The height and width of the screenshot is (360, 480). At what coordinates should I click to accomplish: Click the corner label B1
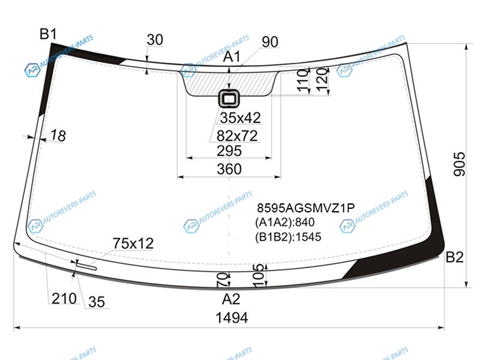point(48,34)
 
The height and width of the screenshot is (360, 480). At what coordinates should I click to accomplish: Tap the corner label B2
point(454,257)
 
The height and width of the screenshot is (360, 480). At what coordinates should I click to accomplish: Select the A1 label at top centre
point(232,56)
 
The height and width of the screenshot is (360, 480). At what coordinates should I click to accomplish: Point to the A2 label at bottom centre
point(231,299)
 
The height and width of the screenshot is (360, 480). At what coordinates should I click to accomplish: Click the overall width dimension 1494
point(232,318)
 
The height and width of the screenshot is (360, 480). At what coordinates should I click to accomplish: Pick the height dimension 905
point(459,164)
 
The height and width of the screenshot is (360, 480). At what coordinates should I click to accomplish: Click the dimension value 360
point(229,169)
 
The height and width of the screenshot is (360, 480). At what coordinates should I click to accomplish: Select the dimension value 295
point(229,151)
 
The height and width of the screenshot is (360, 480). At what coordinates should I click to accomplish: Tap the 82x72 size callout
point(237,136)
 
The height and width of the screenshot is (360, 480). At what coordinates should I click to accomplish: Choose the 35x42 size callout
point(241,118)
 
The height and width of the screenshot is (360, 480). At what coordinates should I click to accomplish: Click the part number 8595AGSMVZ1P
point(306,208)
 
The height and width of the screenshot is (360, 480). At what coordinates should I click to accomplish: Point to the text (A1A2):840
point(284,222)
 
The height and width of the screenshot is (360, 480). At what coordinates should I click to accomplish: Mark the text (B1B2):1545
point(288,237)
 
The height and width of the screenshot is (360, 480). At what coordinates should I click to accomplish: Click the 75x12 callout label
point(133,244)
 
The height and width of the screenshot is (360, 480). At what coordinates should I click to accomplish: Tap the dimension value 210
point(64,298)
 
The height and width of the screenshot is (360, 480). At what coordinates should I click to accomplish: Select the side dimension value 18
point(58,136)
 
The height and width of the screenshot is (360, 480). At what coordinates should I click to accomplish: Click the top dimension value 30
point(155,40)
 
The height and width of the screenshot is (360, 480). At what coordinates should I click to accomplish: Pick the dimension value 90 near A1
point(270,42)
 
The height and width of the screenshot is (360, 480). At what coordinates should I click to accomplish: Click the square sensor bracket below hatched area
point(229,98)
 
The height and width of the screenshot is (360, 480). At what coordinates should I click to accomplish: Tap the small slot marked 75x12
point(86,266)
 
